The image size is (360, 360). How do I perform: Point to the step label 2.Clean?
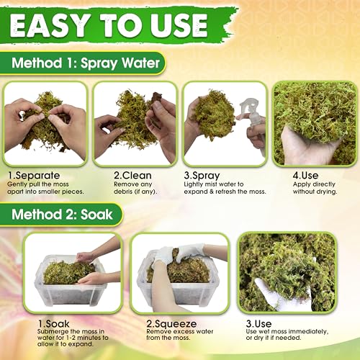[114, 174]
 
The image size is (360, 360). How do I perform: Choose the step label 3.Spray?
[202, 174]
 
